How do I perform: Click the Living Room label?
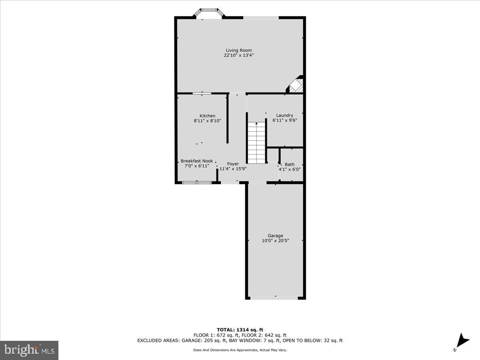(x=238, y=50)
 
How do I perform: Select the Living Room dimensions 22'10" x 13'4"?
(x=238, y=56)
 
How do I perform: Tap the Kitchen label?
(x=207, y=116)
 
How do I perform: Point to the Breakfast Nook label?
(x=196, y=161)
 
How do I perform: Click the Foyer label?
(x=233, y=164)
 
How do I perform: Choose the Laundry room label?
(x=284, y=116)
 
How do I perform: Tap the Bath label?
(x=289, y=164)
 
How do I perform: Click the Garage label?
(x=275, y=236)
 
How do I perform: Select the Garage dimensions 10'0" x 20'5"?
(x=275, y=241)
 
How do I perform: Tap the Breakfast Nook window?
(x=197, y=183)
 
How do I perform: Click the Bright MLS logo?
(x=29, y=350)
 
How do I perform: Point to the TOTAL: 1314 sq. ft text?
(x=240, y=330)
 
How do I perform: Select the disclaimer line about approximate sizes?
(x=240, y=350)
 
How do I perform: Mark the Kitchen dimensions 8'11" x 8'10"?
(x=207, y=121)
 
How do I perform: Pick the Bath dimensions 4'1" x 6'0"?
(x=290, y=169)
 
